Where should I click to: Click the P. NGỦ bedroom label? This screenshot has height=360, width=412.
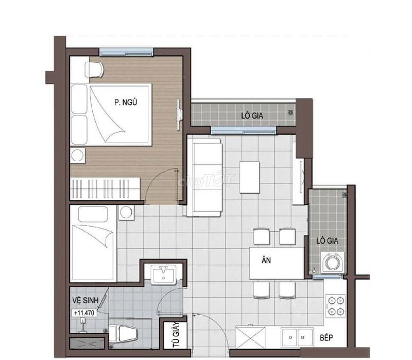(126, 102)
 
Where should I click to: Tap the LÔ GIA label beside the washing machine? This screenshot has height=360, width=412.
(327, 241)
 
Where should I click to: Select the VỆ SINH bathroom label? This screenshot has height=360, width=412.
(85, 300)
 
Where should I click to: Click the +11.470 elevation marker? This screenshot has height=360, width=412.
(84, 313)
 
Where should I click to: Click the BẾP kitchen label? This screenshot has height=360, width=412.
(327, 337)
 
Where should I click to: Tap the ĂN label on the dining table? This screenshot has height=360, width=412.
(266, 260)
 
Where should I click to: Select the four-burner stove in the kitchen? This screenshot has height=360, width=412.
(336, 305)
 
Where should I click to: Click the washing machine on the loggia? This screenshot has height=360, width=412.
(332, 262)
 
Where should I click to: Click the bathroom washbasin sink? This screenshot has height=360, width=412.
(163, 275)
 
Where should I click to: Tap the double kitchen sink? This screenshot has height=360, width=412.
(297, 337)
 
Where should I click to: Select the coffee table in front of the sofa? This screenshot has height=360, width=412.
(250, 177)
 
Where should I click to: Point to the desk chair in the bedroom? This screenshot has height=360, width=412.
(94, 70)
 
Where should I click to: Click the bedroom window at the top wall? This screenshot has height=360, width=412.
(126, 52)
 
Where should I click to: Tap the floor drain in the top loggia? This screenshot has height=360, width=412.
(290, 113)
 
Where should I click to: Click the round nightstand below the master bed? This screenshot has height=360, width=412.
(78, 156)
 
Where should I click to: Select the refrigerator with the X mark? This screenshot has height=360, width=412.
(250, 337)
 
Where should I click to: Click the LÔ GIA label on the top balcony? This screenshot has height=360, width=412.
(252, 115)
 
